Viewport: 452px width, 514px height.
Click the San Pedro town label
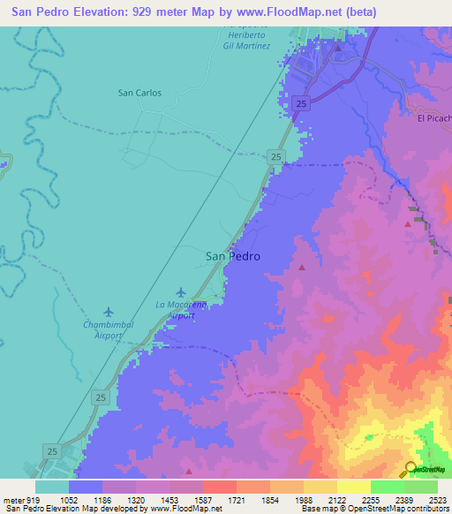point(233,256)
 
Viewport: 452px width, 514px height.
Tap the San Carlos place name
point(139,92)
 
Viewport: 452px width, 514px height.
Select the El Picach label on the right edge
point(433,117)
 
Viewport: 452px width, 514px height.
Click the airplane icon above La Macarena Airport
point(181,292)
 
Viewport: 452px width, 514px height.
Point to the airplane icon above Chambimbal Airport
point(109,312)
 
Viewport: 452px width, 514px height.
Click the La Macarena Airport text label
point(182,309)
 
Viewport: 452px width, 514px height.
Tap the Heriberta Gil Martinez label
point(246,40)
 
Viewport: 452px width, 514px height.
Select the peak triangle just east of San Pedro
point(302,266)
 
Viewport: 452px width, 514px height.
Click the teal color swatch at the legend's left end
point(52,486)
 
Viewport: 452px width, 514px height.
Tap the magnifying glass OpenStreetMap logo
point(411,468)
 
